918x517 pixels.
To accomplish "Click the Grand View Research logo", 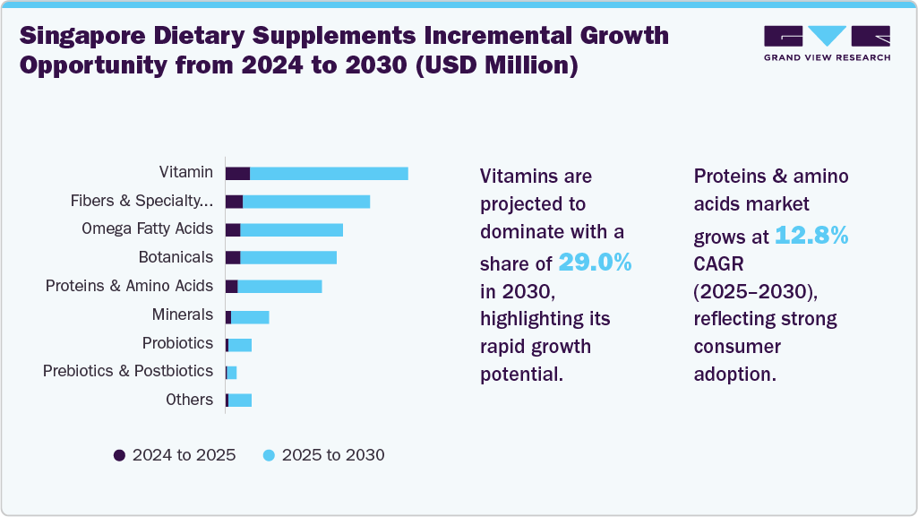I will [827, 43].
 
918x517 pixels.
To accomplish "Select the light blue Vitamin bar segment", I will [329, 173].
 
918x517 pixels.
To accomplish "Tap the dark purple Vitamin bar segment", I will [237, 173].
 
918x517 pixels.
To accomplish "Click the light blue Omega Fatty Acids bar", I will [291, 229].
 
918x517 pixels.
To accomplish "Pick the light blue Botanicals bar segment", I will [288, 258].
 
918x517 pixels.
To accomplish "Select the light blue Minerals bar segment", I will [250, 316].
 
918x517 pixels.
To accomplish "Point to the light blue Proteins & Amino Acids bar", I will [279, 287].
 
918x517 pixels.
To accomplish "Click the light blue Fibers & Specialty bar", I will [306, 202].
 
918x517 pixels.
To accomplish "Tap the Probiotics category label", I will [177, 343].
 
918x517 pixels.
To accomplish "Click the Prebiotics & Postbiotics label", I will [128, 371].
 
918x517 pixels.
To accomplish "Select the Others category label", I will [189, 400].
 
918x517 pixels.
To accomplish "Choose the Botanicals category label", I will [176, 257].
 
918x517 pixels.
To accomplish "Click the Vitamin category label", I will [186, 172].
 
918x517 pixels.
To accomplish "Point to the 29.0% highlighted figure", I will [595, 262].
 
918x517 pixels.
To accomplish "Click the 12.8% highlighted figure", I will [811, 237].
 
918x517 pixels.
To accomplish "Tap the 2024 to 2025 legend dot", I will [119, 455].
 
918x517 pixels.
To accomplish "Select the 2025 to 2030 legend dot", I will [269, 455].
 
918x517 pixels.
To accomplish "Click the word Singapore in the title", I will [82, 36].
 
